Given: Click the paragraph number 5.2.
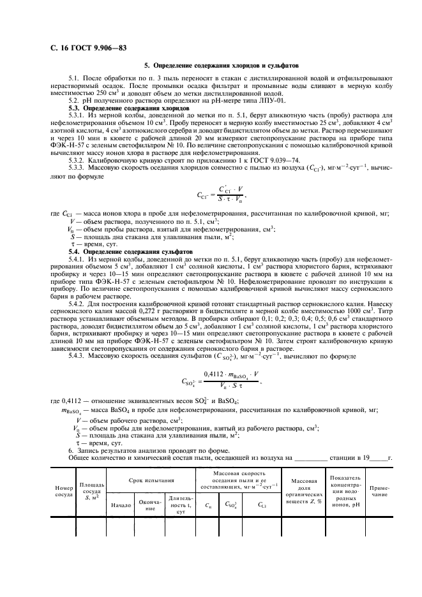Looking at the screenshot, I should (x=75, y=101).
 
